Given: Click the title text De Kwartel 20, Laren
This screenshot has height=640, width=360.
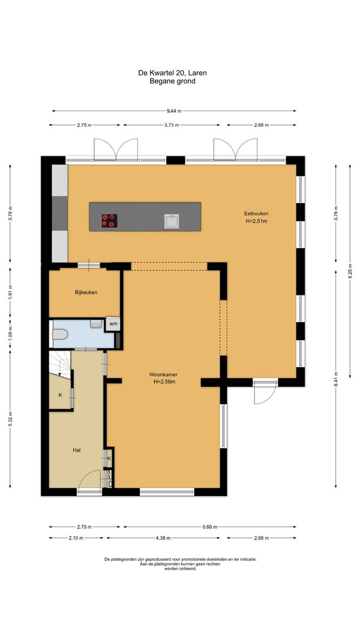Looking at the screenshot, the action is click(172, 73).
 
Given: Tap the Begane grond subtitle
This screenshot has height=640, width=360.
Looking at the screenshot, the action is click(172, 81).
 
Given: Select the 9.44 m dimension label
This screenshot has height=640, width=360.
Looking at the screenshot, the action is click(174, 110).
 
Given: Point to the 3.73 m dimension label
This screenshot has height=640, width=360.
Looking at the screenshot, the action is click(172, 125).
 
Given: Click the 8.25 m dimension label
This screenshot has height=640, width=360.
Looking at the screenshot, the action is click(349, 271).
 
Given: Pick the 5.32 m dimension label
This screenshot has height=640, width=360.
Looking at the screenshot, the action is click(10, 419).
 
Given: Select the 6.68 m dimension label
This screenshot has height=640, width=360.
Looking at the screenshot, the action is click(209, 527).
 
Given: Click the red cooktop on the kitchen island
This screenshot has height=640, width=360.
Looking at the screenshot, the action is click(109, 221).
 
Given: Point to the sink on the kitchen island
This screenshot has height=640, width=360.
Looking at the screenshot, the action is click(172, 221).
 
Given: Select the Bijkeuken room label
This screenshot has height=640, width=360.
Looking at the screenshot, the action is click(86, 292).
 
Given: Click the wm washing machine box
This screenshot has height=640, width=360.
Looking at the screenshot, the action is click(113, 324).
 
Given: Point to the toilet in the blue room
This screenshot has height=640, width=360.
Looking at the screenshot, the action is click(59, 334).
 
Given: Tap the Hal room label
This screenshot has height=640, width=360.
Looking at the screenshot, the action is click(76, 450).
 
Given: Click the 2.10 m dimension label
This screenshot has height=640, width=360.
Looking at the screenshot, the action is click(76, 538).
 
